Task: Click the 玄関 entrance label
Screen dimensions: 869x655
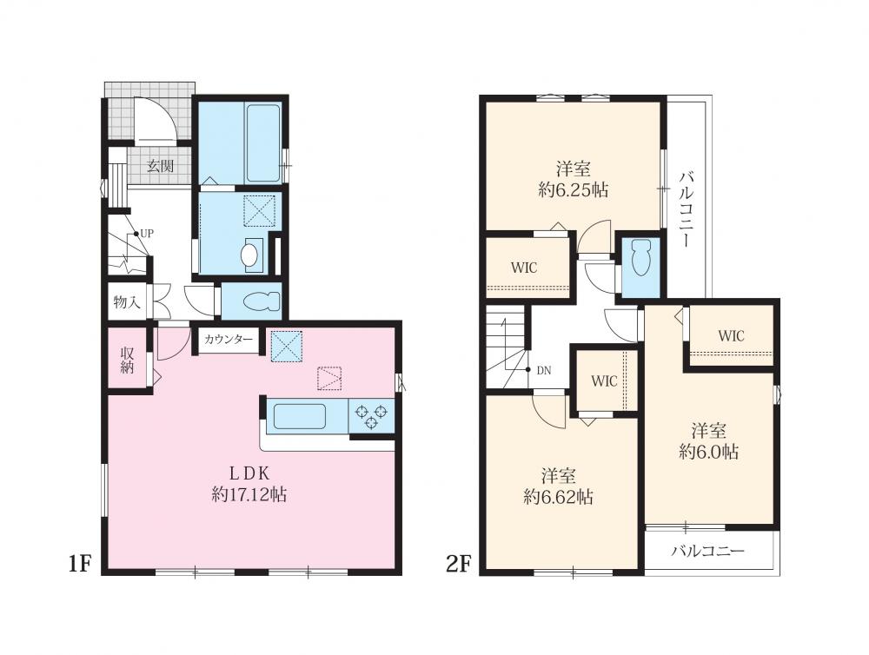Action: pos(160,166)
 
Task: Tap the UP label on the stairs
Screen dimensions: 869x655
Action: pos(146,234)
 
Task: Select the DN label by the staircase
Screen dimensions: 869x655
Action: pos(544,371)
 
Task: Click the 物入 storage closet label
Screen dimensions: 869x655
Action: pos(127,302)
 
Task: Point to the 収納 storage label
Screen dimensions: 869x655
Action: pos(128,361)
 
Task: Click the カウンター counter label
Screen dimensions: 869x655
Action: pos(229,340)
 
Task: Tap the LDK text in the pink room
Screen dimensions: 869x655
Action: pos(249,473)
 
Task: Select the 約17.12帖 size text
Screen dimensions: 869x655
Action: pos(249,494)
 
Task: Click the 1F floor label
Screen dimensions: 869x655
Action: pos(79,564)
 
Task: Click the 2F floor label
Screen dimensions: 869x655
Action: pos(458,564)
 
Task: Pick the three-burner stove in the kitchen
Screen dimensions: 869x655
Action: pos(371,417)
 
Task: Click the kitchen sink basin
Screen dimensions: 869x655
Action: pos(299,416)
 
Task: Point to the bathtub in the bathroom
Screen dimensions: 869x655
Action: pos(263,143)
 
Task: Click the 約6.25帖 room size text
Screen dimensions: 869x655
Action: pos(573,190)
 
